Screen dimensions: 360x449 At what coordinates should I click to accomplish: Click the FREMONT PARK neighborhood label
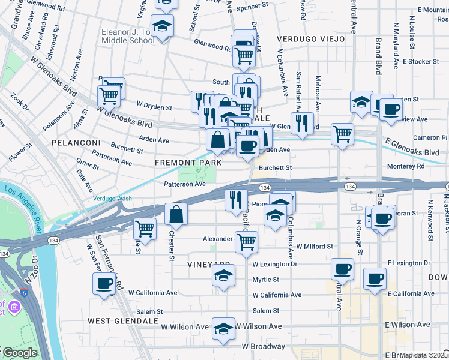tap(188, 163)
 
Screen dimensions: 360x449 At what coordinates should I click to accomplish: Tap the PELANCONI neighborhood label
tap(74, 143)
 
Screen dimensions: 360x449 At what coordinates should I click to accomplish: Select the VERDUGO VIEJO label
tap(311, 39)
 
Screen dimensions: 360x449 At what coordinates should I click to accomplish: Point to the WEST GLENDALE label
tap(123, 321)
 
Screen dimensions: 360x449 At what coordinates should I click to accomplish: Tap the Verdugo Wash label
tap(112, 199)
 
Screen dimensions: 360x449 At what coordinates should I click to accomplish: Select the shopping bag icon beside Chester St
tap(176, 214)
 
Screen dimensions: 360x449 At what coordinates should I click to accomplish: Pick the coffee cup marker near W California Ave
tap(104, 283)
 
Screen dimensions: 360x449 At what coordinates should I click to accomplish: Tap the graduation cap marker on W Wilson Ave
tap(223, 328)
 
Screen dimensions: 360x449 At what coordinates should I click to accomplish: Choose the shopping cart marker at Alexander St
tap(246, 242)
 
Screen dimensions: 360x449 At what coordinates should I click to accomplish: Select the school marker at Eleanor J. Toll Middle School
tap(162, 26)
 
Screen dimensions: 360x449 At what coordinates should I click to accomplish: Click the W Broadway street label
tap(264, 347)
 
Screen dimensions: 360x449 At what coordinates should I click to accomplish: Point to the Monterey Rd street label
tap(405, 166)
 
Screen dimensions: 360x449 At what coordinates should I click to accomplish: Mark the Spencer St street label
tap(252, 7)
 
